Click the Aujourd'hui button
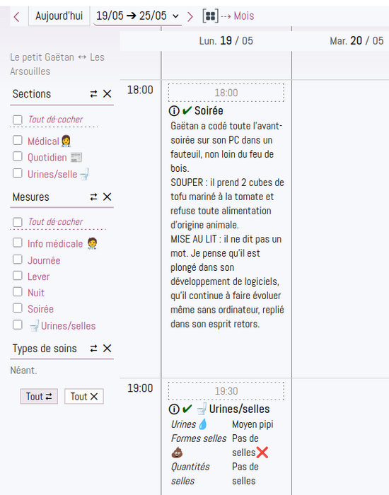click(x=59, y=16)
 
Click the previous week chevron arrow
click(x=17, y=17)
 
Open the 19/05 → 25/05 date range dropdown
click(x=138, y=16)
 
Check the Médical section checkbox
click(x=18, y=140)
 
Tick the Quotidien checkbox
click(x=18, y=156)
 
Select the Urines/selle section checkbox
click(x=18, y=173)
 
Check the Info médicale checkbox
click(x=18, y=243)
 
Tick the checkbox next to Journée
click(x=18, y=260)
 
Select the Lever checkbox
click(x=18, y=276)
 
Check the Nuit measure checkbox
click(x=18, y=291)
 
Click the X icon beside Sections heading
click(x=108, y=94)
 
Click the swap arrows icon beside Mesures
click(x=93, y=197)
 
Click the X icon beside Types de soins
click(x=108, y=349)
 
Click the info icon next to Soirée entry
click(x=174, y=111)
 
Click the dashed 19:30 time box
click(x=226, y=391)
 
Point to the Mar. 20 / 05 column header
click(x=356, y=41)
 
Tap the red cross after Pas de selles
click(x=262, y=453)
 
